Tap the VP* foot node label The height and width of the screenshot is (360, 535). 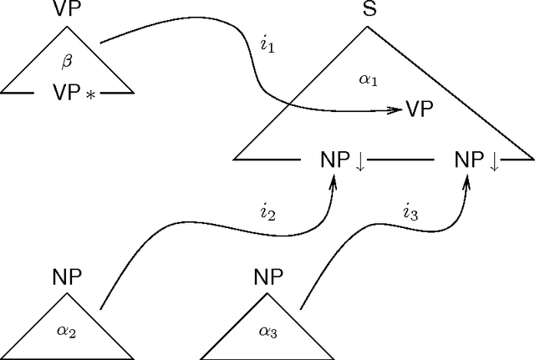point(68,89)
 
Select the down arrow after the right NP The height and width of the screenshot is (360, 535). point(494,161)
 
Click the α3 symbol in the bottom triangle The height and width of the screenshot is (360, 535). point(269,332)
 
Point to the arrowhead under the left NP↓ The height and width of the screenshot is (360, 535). point(334,182)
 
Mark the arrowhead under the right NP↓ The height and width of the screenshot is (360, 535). point(467,182)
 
